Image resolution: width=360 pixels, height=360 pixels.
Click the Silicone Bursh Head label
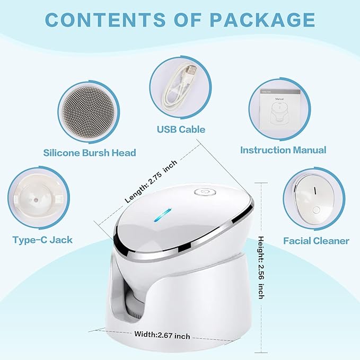click(x=90, y=153)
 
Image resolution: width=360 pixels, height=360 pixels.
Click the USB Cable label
click(x=181, y=129)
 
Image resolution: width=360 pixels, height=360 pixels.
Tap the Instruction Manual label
click(x=283, y=150)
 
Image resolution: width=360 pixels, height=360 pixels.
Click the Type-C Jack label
click(x=42, y=240)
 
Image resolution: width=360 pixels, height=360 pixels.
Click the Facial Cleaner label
click(x=316, y=241)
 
